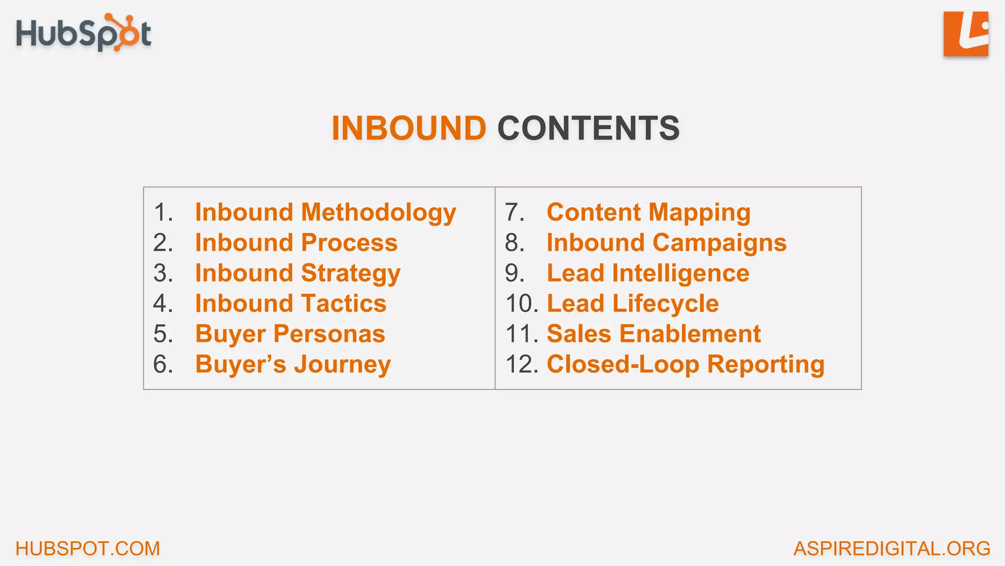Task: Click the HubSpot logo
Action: [83, 33]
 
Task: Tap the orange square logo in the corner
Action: [965, 34]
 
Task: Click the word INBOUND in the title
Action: [409, 128]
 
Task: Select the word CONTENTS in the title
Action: [588, 128]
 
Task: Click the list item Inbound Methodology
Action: [325, 213]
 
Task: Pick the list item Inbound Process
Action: [296, 243]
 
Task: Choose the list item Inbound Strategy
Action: [298, 273]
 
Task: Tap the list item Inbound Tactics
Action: [291, 304]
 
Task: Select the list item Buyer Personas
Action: [290, 334]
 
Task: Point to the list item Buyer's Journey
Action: [293, 365]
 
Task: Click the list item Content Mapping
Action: [648, 213]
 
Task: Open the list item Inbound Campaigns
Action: [666, 243]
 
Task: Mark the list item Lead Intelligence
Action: [648, 273]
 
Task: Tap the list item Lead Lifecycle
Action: [633, 304]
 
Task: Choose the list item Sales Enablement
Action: [654, 334]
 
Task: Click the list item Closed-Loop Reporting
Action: [686, 365]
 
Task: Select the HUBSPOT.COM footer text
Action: [88, 548]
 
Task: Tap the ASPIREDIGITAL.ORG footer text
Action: [892, 548]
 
